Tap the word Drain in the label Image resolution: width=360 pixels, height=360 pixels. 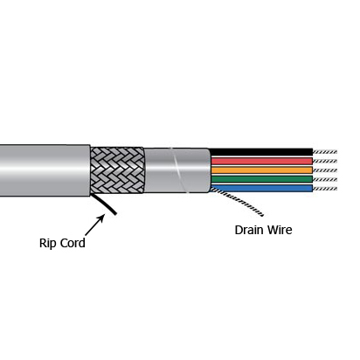[249, 230]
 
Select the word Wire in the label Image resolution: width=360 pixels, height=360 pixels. [280, 230]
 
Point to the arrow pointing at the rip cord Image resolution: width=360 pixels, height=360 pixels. [94, 225]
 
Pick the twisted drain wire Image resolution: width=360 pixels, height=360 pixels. [238, 200]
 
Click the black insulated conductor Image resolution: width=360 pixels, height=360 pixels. [261, 152]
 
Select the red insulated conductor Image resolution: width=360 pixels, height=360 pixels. [262, 161]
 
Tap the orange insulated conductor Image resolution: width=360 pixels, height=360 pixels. [262, 170]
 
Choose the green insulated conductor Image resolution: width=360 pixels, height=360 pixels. [262, 179]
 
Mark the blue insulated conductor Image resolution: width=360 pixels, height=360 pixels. [262, 188]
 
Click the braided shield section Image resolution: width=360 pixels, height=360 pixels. [117, 170]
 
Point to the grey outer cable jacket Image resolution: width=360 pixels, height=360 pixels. [45, 170]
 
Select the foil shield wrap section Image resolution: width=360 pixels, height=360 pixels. [177, 170]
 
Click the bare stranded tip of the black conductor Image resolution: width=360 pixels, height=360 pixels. [325, 152]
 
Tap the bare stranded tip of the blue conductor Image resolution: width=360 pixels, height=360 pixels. [325, 189]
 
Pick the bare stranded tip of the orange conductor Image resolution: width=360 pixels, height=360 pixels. [325, 170]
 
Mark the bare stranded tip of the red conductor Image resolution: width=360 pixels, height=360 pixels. [325, 161]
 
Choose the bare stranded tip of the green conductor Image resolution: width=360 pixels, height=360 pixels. [325, 179]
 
